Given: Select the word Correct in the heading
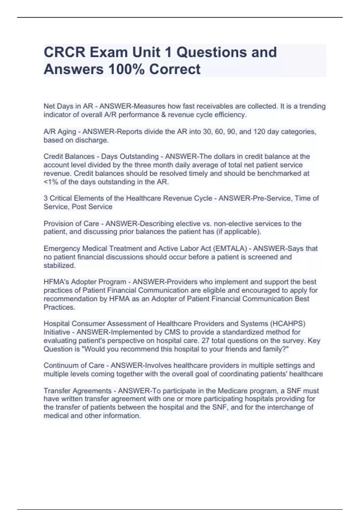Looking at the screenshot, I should click(x=175, y=69).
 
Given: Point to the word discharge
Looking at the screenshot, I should click(x=94, y=140).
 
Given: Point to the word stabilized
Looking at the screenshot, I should click(x=59, y=265).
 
